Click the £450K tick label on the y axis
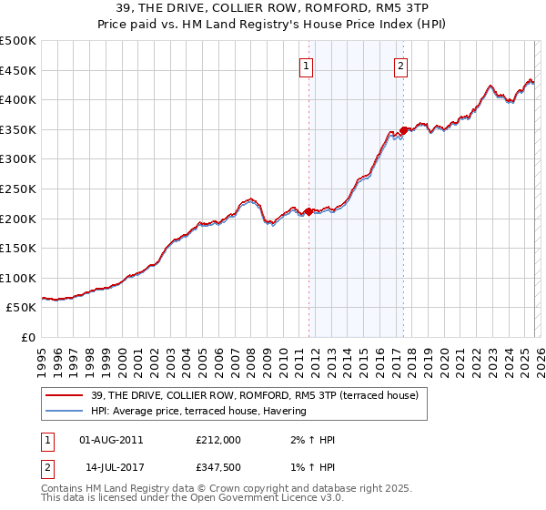pyautogui.click(x=18, y=70)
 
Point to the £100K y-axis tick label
pyautogui.click(x=18, y=278)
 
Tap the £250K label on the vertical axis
pyautogui.click(x=18, y=189)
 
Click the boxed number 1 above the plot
pyautogui.click(x=306, y=65)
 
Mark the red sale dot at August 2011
pyautogui.click(x=308, y=211)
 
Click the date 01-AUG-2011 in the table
pyautogui.click(x=111, y=440)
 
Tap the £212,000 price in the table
pyautogui.click(x=217, y=440)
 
